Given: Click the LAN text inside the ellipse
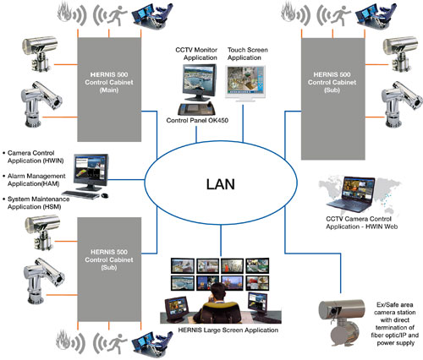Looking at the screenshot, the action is [x=221, y=184].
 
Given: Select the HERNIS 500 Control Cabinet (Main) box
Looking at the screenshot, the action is [x=109, y=90].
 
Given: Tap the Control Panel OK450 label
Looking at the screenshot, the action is [x=197, y=120].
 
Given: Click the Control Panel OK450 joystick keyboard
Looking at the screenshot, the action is [x=196, y=108].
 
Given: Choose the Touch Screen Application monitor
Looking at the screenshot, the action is [x=245, y=83].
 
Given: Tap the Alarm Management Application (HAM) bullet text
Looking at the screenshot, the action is [x=36, y=180].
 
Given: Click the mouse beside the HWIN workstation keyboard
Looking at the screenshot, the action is [x=105, y=195].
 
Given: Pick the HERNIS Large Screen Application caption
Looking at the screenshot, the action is [x=228, y=330].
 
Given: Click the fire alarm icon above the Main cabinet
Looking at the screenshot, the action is [x=71, y=14].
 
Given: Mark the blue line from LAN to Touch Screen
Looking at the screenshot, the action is [x=243, y=123].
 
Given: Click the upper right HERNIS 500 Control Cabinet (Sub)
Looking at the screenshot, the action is [x=333, y=99].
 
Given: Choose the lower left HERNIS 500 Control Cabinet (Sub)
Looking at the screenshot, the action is [x=109, y=270].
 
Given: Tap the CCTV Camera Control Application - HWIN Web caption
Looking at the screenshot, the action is [x=361, y=222].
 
